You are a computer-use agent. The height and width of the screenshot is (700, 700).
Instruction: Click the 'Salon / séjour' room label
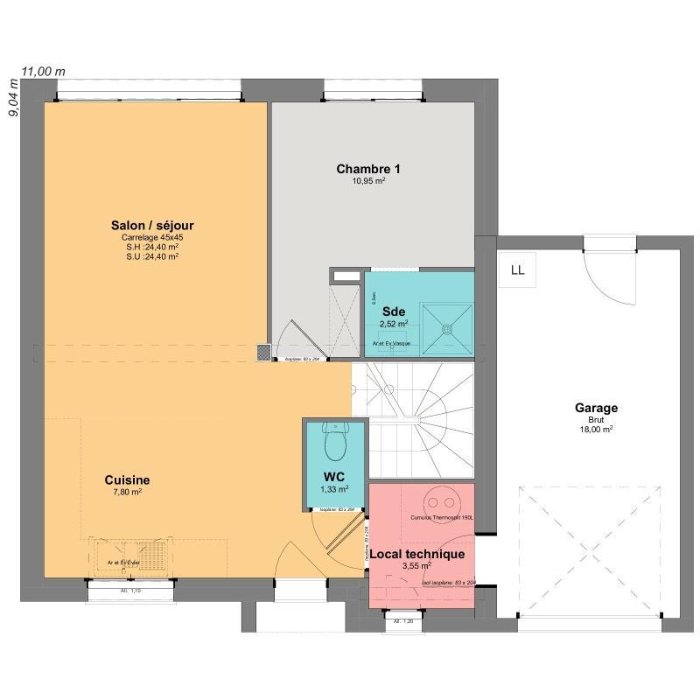pyautogui.click(x=153, y=226)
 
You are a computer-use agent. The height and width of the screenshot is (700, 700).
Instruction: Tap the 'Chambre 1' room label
pyautogui.click(x=368, y=168)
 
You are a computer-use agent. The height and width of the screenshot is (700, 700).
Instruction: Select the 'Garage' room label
pyautogui.click(x=596, y=408)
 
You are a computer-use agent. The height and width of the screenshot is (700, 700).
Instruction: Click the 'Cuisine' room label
pyautogui.click(x=127, y=479)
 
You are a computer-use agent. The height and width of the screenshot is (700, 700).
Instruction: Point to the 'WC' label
pyautogui.click(x=334, y=477)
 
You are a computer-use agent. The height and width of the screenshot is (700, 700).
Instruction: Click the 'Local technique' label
pyautogui.click(x=416, y=554)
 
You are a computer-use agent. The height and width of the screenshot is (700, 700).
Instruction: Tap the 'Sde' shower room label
pyautogui.click(x=394, y=311)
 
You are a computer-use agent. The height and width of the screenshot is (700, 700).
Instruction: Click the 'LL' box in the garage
pyautogui.click(x=517, y=269)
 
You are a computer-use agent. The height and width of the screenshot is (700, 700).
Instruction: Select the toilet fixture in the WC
pyautogui.click(x=334, y=442)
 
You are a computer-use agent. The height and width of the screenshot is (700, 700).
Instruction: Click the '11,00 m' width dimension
pyautogui.click(x=44, y=72)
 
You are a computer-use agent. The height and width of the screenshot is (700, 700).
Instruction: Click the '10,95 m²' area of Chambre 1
pyautogui.click(x=368, y=180)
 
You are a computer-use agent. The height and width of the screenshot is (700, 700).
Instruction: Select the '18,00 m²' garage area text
pyautogui.click(x=596, y=430)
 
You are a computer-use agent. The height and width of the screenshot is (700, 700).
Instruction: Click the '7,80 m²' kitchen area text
pyautogui.click(x=127, y=492)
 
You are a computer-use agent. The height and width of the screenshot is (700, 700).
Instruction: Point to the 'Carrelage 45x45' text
pyautogui.click(x=153, y=237)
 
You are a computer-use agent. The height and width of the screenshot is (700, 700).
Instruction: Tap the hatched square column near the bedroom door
pyautogui.click(x=263, y=352)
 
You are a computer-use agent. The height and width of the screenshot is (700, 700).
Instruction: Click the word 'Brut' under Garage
pyautogui.click(x=596, y=419)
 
